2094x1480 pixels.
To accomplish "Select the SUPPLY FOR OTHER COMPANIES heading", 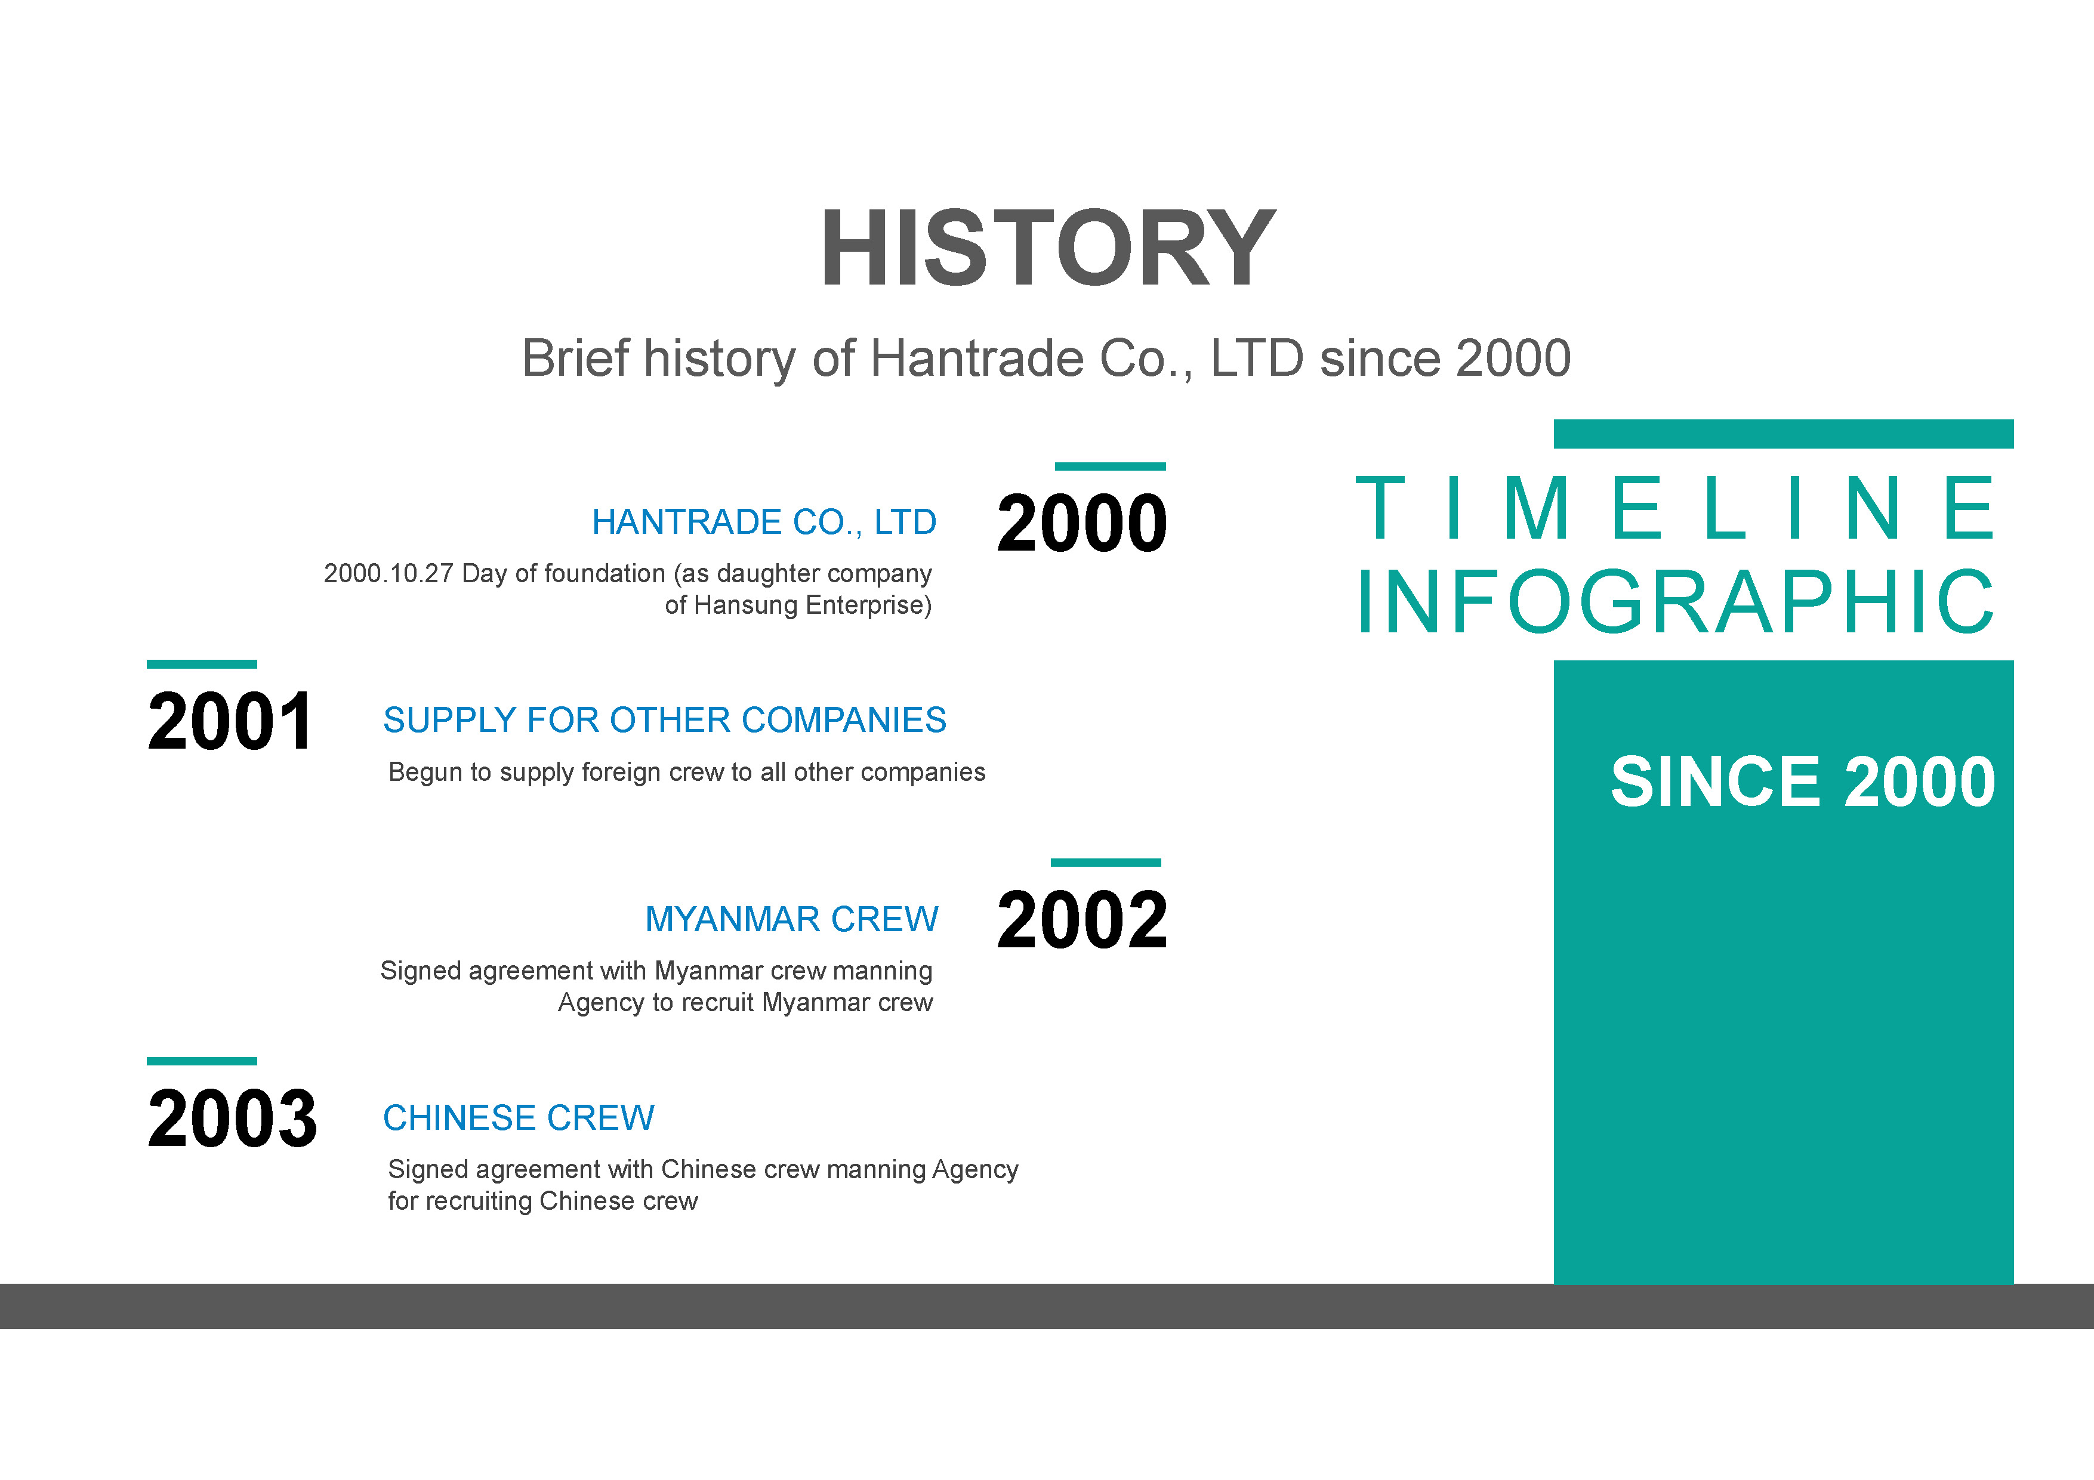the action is (665, 721).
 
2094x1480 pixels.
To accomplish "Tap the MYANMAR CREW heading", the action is (792, 919).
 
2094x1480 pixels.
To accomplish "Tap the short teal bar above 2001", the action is (202, 665).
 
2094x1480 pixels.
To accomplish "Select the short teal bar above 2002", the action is (1105, 863).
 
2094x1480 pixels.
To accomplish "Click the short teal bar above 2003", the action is (202, 1061).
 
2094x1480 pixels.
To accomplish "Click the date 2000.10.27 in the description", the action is (388, 574).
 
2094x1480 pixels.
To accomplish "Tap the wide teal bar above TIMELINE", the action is (1784, 434).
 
